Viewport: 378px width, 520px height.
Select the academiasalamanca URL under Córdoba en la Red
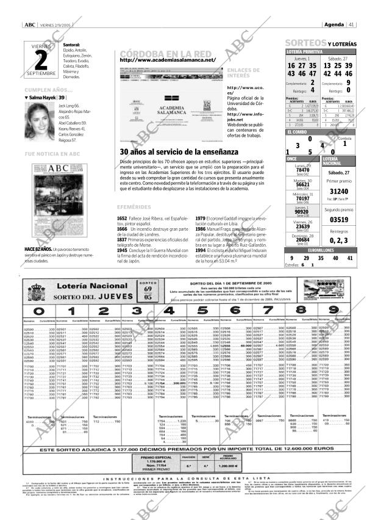coord(168,60)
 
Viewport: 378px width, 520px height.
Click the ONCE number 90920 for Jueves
coord(302,212)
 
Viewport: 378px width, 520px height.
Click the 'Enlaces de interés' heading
coord(243,73)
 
